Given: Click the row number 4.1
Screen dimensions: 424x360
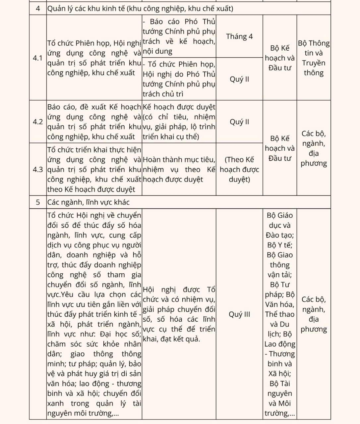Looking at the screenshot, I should click(x=38, y=58).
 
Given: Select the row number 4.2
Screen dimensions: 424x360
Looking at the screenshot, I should click(x=38, y=122).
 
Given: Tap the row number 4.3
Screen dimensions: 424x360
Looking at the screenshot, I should click(x=38, y=169).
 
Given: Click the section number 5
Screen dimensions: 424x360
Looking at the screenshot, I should click(x=38, y=202).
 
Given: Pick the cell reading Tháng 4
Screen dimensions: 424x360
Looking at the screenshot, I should click(x=239, y=36).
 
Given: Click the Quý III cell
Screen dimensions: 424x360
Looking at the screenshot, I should click(x=239, y=314).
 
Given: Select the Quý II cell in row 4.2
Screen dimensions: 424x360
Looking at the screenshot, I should click(x=239, y=122).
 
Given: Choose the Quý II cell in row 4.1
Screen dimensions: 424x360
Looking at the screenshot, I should click(x=239, y=79).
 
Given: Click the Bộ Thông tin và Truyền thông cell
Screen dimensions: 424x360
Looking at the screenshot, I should click(x=314, y=58).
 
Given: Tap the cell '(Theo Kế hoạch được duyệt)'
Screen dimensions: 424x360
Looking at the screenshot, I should click(x=239, y=169).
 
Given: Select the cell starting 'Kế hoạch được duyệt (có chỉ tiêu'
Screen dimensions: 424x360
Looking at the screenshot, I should click(x=179, y=122).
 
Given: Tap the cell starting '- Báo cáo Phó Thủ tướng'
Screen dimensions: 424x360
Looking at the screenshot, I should click(x=179, y=36).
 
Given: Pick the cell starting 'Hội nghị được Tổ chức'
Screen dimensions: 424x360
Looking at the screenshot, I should click(x=179, y=314).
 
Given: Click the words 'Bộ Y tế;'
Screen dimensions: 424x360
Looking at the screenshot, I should click(x=280, y=245).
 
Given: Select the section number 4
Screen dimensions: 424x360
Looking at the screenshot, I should click(x=38, y=8).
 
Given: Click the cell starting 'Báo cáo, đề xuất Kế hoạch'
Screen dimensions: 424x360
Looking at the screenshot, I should click(x=94, y=122).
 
